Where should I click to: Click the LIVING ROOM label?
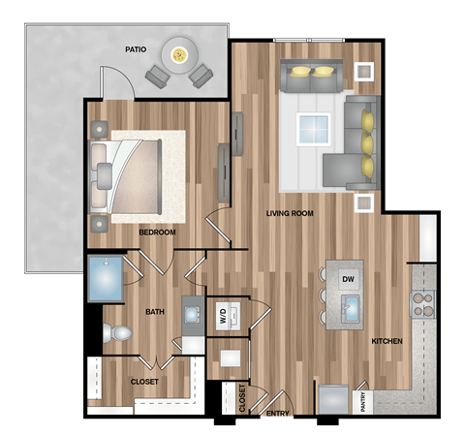tap(290, 214)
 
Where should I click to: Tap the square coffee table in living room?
tap(314, 128)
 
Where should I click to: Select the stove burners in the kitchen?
tap(424, 305)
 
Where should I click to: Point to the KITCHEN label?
tap(387, 341)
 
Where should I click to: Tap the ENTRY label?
tap(277, 415)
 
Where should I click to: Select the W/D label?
tap(222, 316)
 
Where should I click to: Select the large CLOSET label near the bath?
tap(144, 382)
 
